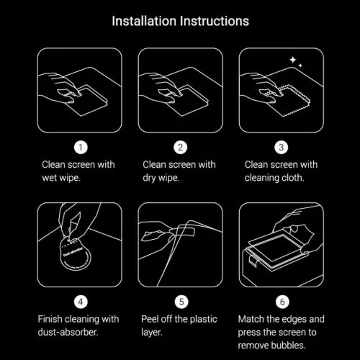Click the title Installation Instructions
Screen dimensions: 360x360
coord(180,21)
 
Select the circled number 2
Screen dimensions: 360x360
coord(180,147)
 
